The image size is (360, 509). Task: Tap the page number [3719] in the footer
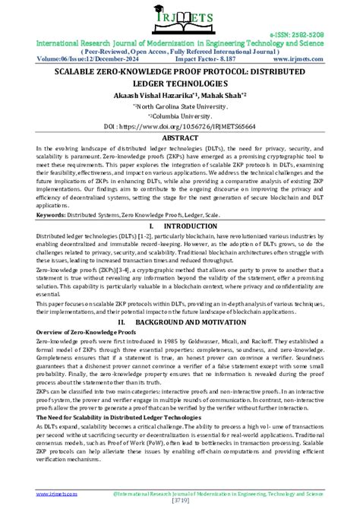(x=180, y=503)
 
